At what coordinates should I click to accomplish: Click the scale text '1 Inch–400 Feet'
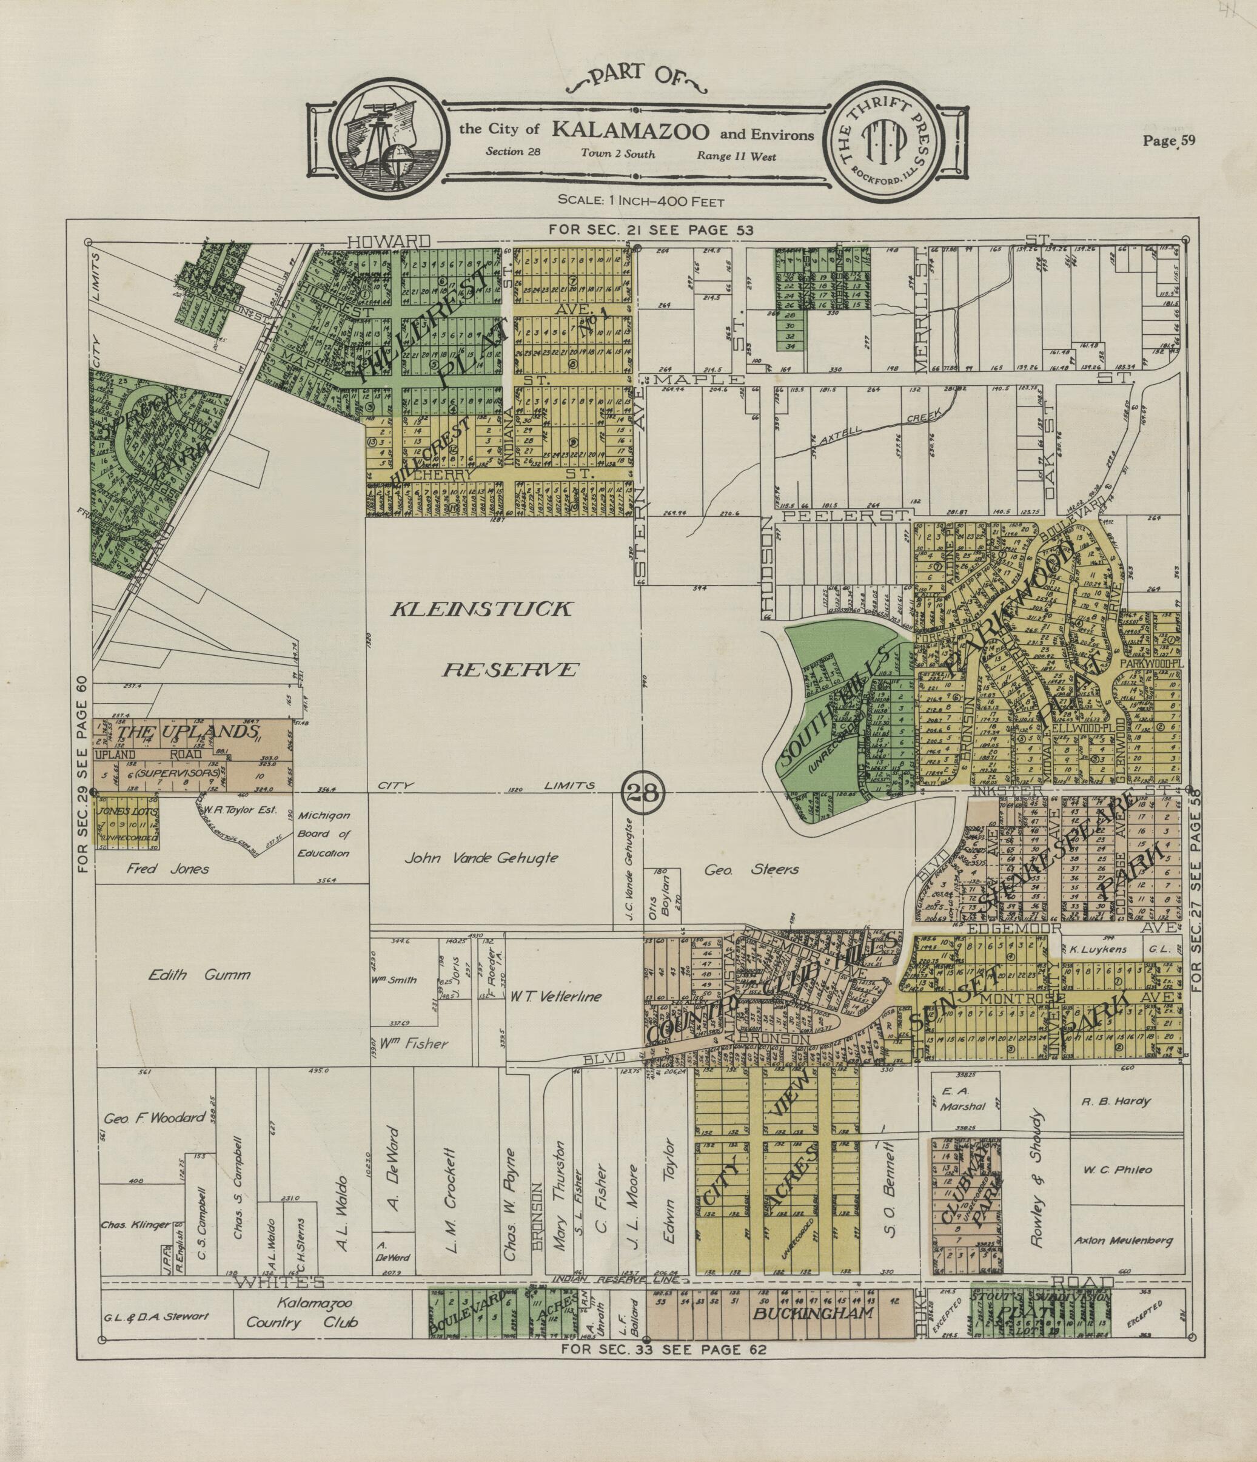pos(640,201)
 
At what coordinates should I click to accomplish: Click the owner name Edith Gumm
pos(199,975)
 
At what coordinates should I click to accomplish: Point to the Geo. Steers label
pos(751,869)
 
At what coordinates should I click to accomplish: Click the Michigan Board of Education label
pos(324,834)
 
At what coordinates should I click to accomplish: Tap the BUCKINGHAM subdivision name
pos(813,1313)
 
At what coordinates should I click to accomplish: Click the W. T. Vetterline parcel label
pos(557,996)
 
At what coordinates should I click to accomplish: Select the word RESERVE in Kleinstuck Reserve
pos(510,669)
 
